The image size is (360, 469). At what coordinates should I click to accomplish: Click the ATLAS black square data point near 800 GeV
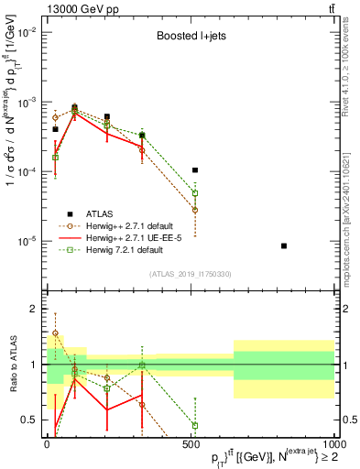click(285, 245)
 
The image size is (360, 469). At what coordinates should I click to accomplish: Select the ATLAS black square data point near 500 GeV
click(195, 170)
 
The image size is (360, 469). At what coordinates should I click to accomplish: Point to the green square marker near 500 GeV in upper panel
click(195, 193)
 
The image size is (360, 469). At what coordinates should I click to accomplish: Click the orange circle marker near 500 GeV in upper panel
click(195, 210)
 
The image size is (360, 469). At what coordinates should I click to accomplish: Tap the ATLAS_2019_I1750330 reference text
click(189, 274)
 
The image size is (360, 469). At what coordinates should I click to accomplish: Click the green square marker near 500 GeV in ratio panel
click(195, 425)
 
